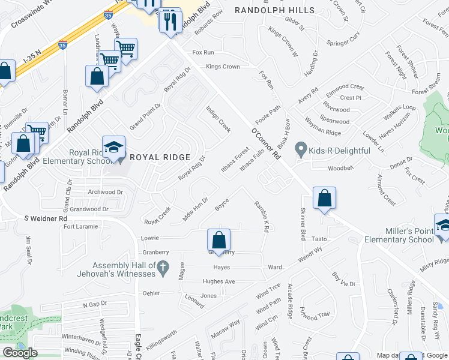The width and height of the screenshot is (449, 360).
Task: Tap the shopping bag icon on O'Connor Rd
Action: click(324, 199)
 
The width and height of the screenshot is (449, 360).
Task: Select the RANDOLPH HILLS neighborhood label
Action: click(274, 11)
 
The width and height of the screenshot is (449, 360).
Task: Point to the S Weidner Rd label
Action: click(45, 219)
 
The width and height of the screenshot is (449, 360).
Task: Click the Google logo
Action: click(20, 353)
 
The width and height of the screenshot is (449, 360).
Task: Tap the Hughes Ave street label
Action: click(218, 281)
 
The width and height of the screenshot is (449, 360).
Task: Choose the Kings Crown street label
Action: click(223, 67)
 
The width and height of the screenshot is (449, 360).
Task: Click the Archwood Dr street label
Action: click(104, 193)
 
